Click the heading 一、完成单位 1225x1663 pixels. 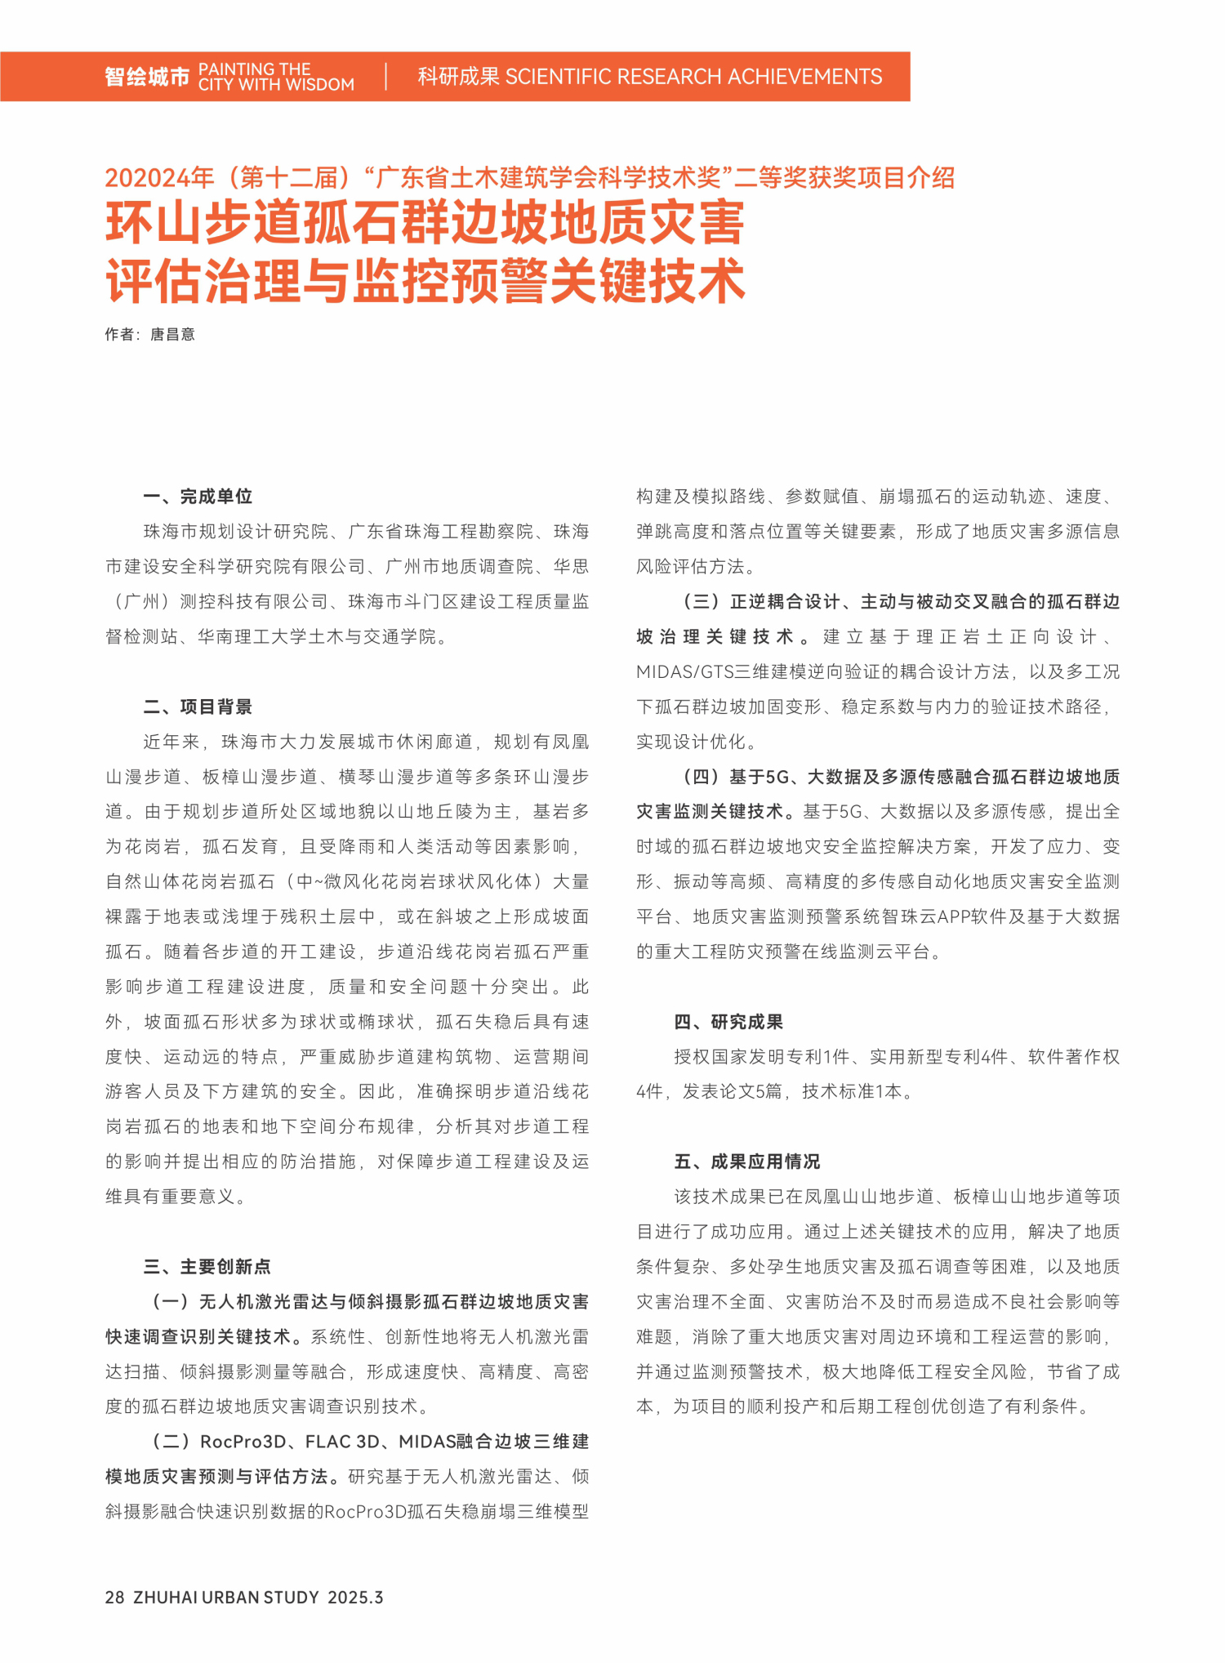198,497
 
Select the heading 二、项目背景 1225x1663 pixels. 198,707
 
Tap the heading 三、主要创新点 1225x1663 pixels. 207,1267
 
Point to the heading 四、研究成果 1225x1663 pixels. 728,1022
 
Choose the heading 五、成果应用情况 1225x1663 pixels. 747,1161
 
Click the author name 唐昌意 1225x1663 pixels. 172,334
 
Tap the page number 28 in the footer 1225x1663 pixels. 114,1598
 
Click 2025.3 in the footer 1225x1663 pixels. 355,1598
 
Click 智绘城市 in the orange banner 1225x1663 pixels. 147,77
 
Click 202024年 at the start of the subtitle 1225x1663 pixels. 159,177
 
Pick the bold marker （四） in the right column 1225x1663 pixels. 702,777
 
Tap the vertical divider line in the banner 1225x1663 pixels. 386,77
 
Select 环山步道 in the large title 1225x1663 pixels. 204,223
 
